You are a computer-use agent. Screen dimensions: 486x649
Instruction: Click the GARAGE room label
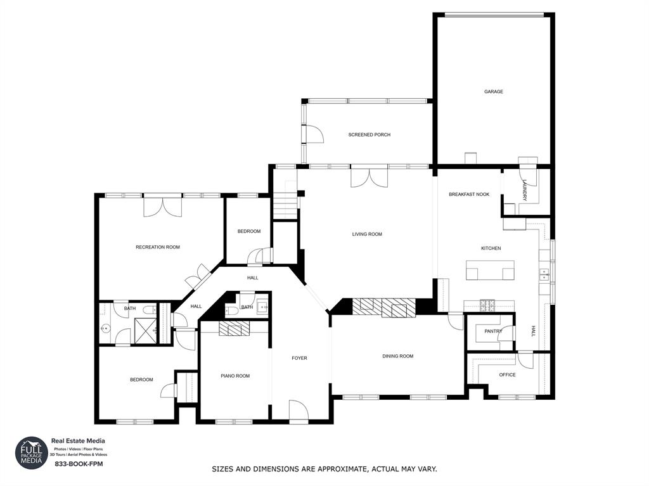pos(494,92)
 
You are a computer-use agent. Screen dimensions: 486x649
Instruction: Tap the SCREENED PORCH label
pos(369,135)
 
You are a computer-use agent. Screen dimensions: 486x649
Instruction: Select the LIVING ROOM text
pos(367,234)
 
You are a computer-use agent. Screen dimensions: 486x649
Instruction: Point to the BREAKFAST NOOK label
pos(469,195)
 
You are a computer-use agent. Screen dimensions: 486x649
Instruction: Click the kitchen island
pos(489,271)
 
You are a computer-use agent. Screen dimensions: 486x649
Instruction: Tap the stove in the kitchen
pos(487,305)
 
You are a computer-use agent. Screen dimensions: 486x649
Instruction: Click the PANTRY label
pos(493,331)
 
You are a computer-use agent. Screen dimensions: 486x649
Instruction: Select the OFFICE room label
pos(507,374)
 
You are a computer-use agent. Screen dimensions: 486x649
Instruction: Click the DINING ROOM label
pos(397,356)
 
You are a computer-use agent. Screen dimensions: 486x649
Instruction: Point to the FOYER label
pos(299,358)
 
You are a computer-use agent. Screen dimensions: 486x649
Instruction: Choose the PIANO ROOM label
pos(235,376)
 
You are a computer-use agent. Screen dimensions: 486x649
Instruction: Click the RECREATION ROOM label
pos(158,247)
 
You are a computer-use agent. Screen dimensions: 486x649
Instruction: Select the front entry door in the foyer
pos(299,411)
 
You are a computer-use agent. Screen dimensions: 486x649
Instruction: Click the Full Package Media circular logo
pos(31,453)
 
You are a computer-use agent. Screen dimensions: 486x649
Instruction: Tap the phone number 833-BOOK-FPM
pos(79,464)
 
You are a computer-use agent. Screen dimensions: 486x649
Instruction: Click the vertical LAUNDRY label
pos(525,190)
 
